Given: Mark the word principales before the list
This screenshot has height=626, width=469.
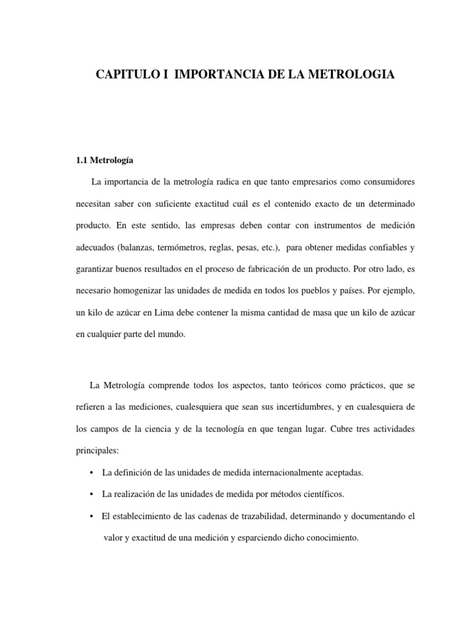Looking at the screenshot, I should coord(98,451).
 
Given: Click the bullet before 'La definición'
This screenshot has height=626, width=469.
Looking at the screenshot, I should coord(91,473).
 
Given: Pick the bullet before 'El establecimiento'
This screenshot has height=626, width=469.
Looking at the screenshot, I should coord(91,516).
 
